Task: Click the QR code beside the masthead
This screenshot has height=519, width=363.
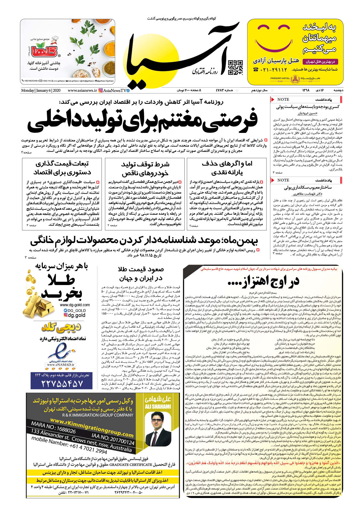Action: [235, 68]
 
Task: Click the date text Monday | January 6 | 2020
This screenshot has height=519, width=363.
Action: [41, 90]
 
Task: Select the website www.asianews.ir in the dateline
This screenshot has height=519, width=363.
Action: [82, 90]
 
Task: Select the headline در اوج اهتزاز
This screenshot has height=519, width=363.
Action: [263, 281]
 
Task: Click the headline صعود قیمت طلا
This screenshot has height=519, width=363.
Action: [141, 269]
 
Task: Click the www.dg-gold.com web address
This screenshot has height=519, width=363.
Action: [75, 305]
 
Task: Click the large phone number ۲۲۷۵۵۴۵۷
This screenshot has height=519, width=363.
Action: [62, 383]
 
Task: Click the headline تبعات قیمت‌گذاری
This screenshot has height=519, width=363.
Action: [62, 164]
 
